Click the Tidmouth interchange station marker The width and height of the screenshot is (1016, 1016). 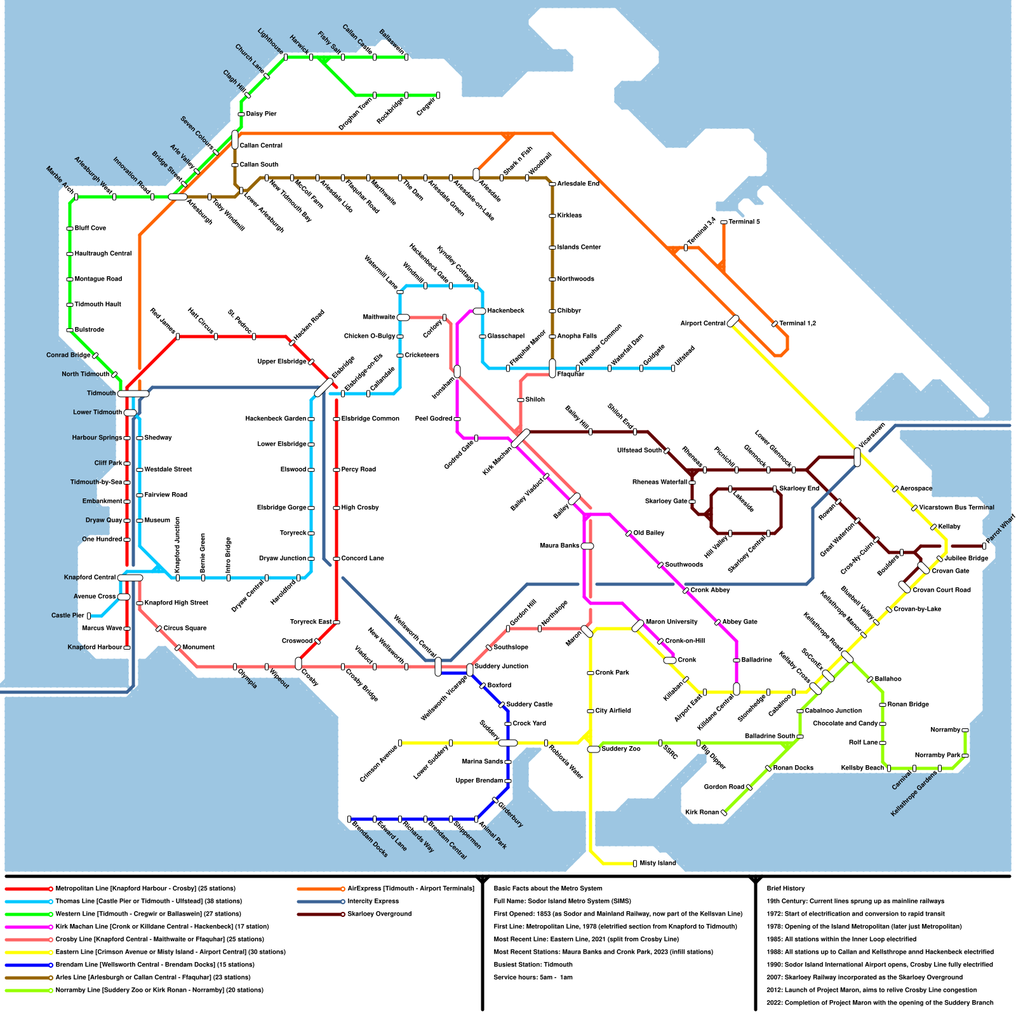133,394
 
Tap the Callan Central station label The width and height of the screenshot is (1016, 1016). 261,145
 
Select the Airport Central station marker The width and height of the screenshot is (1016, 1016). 733,321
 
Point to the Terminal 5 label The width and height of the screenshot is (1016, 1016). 744,222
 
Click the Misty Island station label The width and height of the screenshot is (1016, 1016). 658,863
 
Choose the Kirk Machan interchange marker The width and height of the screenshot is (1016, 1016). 521,438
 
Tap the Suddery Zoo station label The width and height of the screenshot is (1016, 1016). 621,749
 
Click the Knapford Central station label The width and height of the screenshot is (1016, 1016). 90,577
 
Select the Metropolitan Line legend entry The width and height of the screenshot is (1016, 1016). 145,888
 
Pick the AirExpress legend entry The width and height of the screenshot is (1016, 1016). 410,888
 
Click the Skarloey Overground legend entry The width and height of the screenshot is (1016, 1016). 379,914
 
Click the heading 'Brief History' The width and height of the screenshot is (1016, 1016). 785,888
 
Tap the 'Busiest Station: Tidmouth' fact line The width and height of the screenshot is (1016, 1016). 533,965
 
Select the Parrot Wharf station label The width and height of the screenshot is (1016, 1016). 1000,531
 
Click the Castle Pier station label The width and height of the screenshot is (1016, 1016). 68,615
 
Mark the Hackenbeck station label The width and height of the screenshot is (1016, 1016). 505,311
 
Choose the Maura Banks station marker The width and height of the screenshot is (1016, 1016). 587,546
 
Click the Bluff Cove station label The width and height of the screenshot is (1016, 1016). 90,228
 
